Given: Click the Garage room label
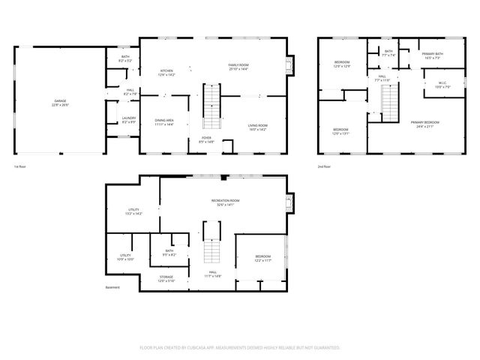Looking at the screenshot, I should point(61,102).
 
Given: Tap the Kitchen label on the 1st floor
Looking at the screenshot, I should point(166,71).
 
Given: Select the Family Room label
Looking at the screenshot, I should point(238,65).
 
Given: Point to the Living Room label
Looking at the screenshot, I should point(257,126).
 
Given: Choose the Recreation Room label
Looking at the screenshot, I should point(225,202).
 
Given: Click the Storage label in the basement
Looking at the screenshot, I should point(166,278).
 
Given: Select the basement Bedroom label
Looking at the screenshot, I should point(262,258).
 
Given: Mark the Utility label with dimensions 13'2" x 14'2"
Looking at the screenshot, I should point(133,212).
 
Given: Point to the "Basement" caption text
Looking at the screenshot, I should point(112,287).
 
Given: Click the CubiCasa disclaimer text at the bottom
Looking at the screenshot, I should point(240,348).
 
